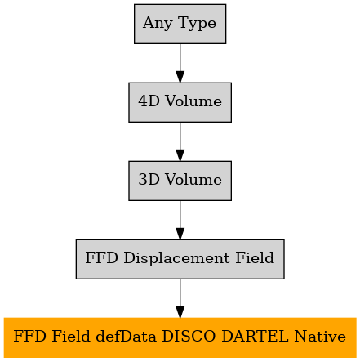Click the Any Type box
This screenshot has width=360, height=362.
click(180, 24)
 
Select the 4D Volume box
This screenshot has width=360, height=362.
click(180, 102)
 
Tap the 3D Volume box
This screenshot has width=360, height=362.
click(180, 181)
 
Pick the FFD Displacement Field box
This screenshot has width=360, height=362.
click(180, 259)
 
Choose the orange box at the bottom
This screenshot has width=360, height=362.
click(180, 337)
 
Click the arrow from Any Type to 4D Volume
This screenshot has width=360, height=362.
click(180, 63)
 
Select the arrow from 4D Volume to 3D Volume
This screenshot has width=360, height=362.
click(180, 141)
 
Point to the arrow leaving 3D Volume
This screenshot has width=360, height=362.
click(180, 220)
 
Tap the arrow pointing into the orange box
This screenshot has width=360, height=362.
click(180, 298)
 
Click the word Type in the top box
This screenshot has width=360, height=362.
click(198, 24)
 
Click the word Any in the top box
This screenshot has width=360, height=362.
click(158, 24)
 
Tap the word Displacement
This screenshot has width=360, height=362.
click(176, 258)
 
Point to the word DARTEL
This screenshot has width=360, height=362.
click(255, 336)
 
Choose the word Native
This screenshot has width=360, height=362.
click(320, 336)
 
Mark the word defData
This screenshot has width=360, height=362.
click(126, 336)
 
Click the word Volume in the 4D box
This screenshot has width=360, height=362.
click(193, 101)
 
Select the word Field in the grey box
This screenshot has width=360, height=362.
click(255, 257)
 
